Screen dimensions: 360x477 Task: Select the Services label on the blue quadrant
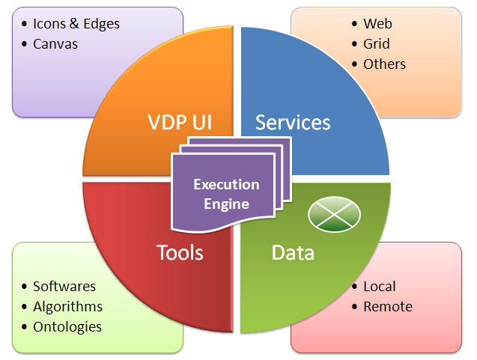293,122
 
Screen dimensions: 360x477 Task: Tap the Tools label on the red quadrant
180,252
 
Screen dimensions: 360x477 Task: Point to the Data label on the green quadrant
292,252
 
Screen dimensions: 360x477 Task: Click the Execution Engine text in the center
226,194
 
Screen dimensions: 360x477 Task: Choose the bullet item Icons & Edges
76,24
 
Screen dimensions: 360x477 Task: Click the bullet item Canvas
55,43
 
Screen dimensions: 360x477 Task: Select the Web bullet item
377,24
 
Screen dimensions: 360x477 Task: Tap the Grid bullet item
377,44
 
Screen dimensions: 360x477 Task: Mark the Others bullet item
384,64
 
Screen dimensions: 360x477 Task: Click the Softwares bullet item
64,287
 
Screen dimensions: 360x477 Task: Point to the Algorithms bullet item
67,307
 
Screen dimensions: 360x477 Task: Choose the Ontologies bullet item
67,327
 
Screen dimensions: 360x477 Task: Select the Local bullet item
380,287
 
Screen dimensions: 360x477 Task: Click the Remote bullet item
388,307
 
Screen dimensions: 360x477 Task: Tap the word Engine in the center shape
226,204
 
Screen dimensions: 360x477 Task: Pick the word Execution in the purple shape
226,184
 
